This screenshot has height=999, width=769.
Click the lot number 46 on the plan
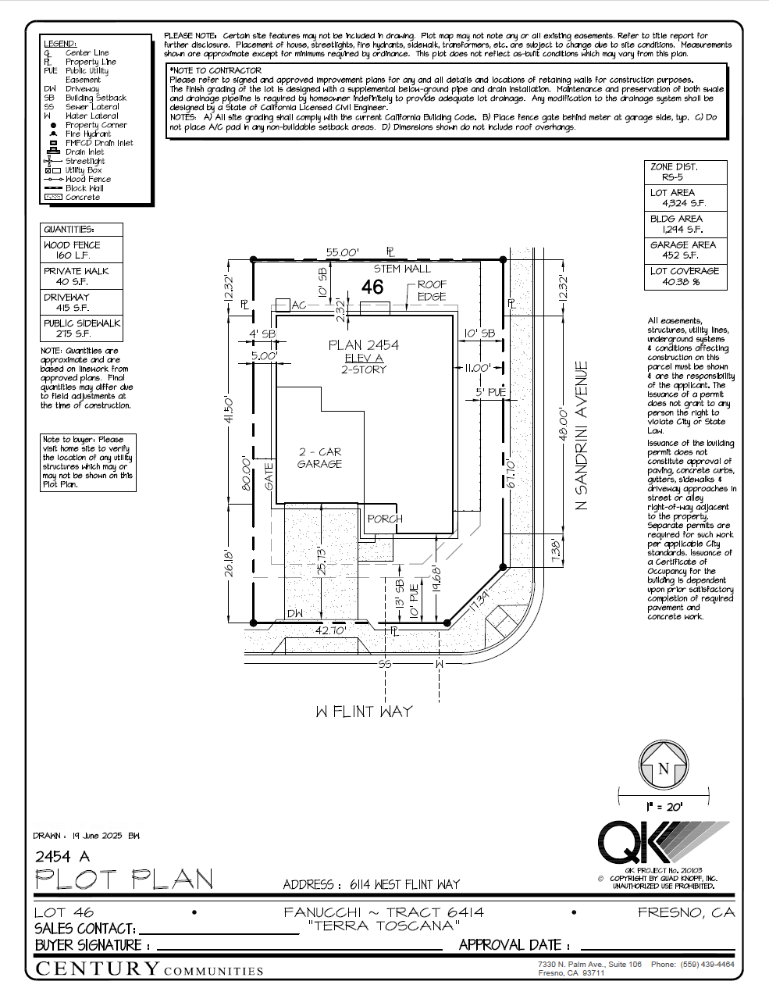pos(372,287)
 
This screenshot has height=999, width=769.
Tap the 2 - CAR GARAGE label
pos(319,458)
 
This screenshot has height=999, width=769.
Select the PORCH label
pos(385,519)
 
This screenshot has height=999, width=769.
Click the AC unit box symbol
pos(282,305)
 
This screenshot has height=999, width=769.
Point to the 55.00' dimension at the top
pos(342,252)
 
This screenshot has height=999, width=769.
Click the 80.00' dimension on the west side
pos(247,473)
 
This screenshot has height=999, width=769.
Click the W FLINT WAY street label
pos(364,712)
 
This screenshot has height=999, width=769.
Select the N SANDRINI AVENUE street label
pos(581,436)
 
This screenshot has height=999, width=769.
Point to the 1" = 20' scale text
pos(664,806)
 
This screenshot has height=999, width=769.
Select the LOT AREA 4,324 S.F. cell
pos(685,198)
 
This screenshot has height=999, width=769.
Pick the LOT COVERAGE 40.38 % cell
pos(685,277)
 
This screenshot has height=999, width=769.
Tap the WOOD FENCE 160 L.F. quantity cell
pos(81,250)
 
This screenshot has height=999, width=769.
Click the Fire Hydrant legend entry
pos(87,134)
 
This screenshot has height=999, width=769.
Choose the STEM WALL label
pos(402,269)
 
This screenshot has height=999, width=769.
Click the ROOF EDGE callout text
pos(432,291)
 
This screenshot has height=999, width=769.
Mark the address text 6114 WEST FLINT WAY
pos(404,884)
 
